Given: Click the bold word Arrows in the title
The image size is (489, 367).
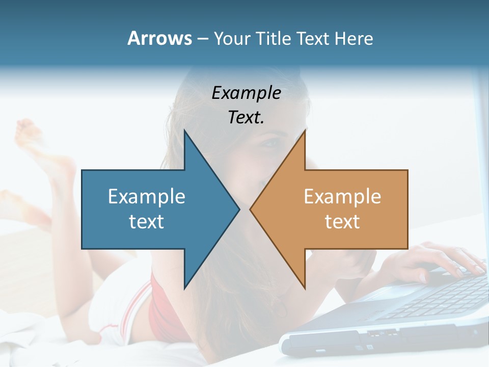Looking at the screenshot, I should coord(159,38).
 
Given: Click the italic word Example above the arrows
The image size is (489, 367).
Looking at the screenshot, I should coord(246,93).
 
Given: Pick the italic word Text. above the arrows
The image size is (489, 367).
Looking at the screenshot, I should coord(246,118).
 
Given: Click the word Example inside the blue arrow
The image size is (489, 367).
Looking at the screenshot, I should coord(147,196).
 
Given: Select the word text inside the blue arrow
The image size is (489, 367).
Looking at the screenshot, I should coord(147,221).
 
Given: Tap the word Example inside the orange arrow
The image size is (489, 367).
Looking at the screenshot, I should coord(342,196).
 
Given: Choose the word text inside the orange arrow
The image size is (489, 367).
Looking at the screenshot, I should coord(342,221).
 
